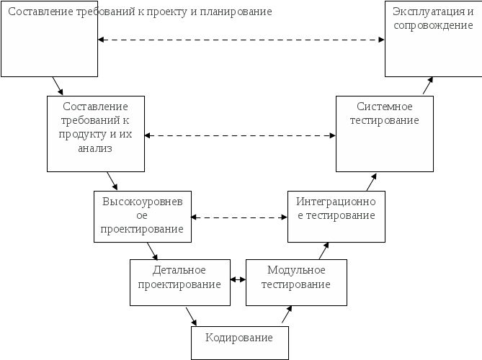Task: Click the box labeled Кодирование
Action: [239, 342]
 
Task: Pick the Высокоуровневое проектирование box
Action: [142, 216]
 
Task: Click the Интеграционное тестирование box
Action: [336, 216]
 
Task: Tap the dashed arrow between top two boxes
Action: [241, 40]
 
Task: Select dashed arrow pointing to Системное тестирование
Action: [240, 135]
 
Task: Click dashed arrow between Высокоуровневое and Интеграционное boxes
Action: [238, 217]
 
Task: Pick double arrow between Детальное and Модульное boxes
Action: [238, 280]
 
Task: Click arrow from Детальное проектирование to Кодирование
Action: [191, 316]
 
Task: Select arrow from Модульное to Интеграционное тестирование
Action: [323, 250]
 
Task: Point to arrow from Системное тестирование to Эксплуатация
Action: [427, 86]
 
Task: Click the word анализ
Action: [95, 149]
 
